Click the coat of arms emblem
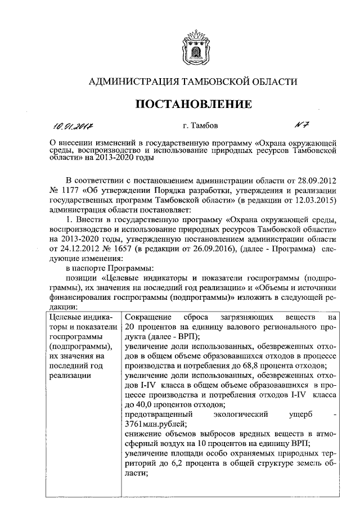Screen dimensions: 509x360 pos(193,48)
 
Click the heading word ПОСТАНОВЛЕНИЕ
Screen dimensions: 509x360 pos(193,104)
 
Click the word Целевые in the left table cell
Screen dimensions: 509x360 pos(63,318)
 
